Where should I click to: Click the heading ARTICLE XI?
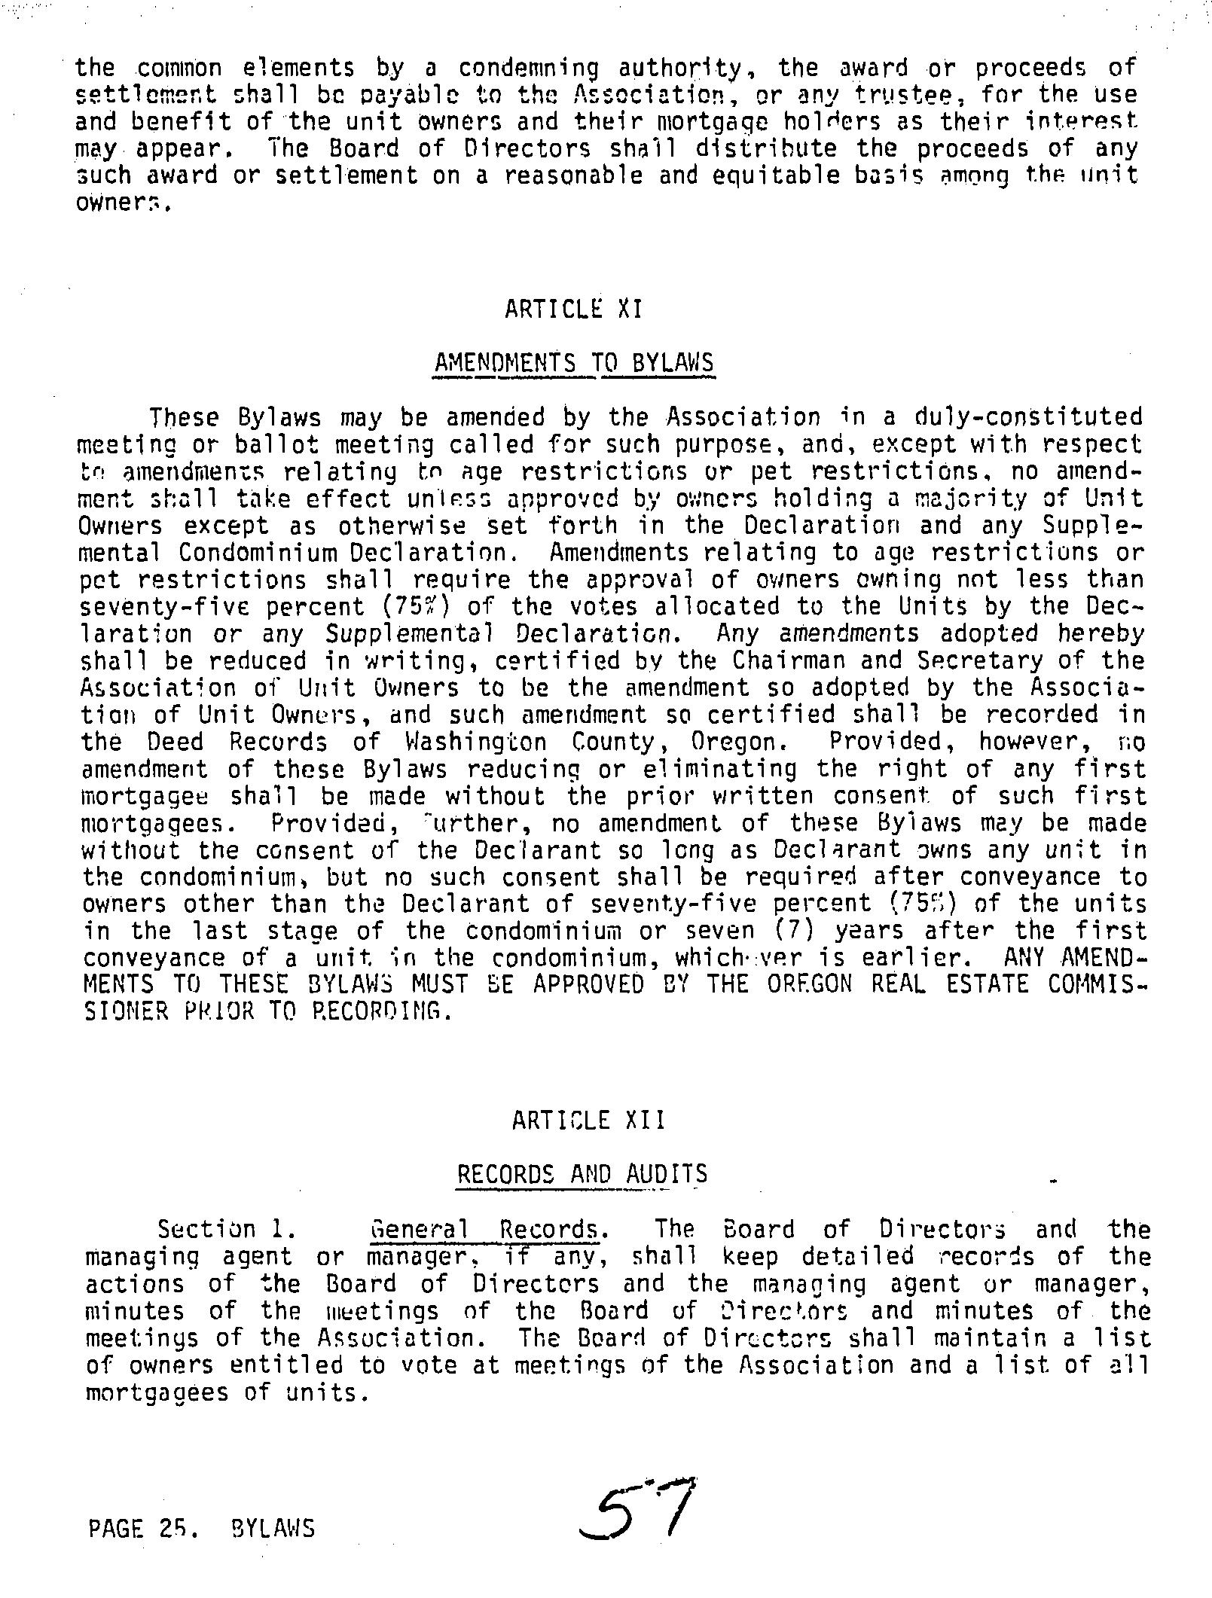[574, 309]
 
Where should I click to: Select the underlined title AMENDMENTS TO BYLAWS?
[574, 364]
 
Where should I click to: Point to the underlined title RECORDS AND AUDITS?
[582, 1175]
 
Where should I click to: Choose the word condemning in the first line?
[529, 69]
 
